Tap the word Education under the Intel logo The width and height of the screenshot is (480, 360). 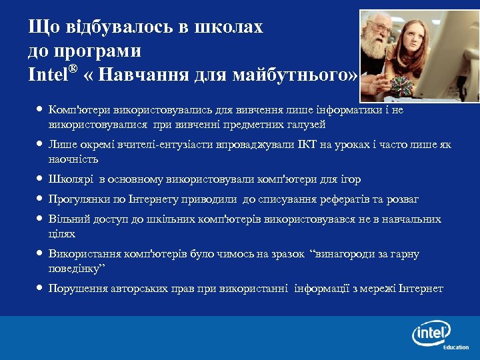(456, 347)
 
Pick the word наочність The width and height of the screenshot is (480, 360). (73, 160)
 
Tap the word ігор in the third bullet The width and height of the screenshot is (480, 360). (351, 180)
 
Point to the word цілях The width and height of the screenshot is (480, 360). (62, 234)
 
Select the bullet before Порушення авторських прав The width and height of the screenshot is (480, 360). (39, 289)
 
